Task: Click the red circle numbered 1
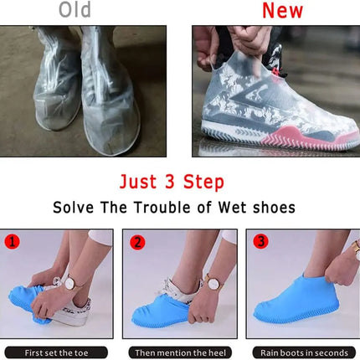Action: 12,242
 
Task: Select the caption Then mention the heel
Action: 178,352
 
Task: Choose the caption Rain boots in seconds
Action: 302,352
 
